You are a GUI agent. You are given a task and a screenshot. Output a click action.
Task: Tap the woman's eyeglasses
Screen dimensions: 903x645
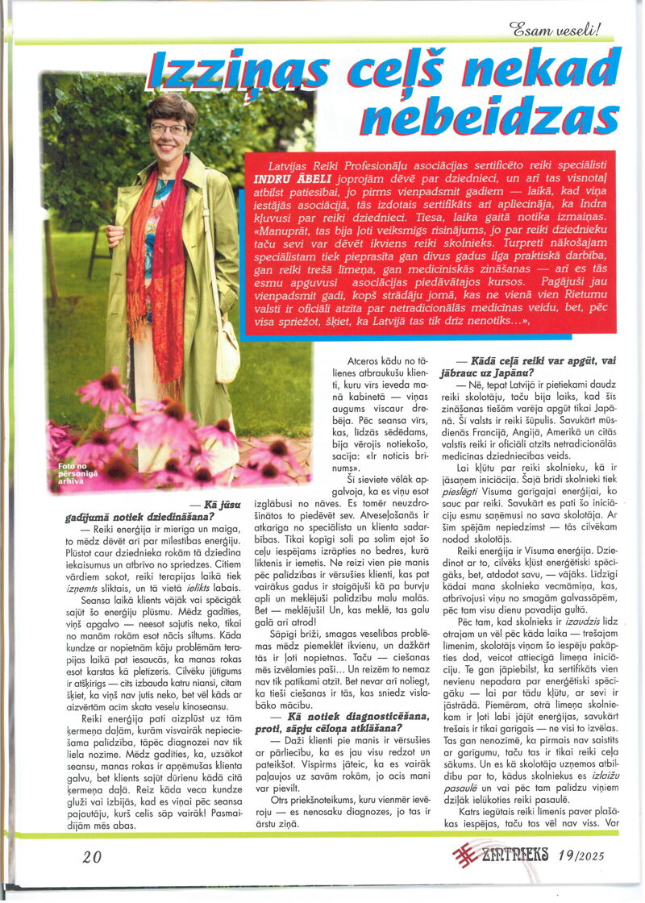pos(168,128)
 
